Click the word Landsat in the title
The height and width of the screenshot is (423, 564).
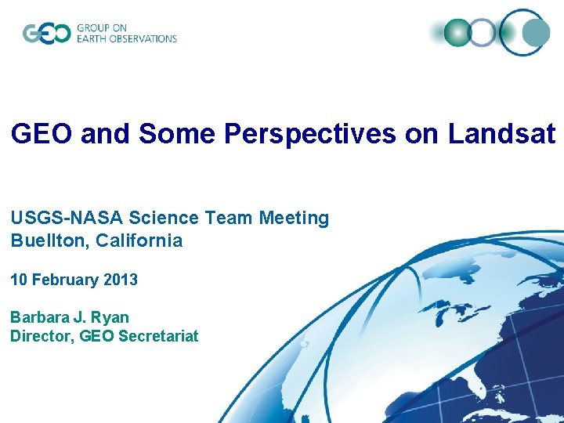(x=501, y=135)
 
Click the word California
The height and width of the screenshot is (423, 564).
(x=139, y=240)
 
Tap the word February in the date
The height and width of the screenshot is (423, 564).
(x=67, y=280)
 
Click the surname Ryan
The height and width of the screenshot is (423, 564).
(x=110, y=317)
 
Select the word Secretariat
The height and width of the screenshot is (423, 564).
(x=160, y=336)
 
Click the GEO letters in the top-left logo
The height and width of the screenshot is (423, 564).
(x=46, y=34)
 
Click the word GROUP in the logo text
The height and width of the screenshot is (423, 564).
(x=94, y=28)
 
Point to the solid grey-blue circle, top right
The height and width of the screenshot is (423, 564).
(x=536, y=33)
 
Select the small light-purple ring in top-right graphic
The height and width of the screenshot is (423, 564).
(x=483, y=33)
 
